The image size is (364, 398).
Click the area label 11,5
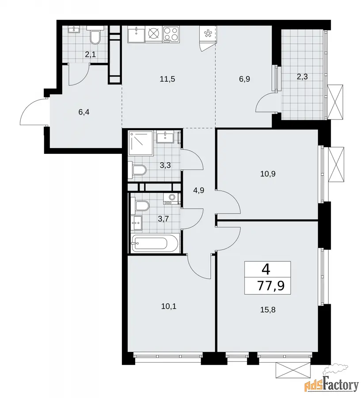click(x=167, y=79)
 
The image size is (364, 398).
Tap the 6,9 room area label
click(x=244, y=79)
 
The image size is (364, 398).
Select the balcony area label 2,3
click(x=302, y=77)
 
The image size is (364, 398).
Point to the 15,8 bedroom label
click(x=268, y=310)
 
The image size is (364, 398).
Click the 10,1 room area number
click(x=169, y=306)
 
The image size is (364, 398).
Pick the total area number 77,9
click(x=271, y=286)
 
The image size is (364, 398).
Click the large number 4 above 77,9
click(x=266, y=269)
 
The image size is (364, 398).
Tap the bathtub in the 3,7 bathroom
click(x=149, y=243)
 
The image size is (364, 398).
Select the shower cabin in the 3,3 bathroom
click(x=141, y=143)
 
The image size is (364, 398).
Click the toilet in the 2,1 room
click(x=95, y=34)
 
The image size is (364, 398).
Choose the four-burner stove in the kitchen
click(x=171, y=34)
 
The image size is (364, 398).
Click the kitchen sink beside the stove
click(x=136, y=34)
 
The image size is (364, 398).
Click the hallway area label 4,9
click(x=198, y=190)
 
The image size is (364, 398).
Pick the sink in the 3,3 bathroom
click(x=165, y=137)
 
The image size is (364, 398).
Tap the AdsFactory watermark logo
click(x=331, y=383)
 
